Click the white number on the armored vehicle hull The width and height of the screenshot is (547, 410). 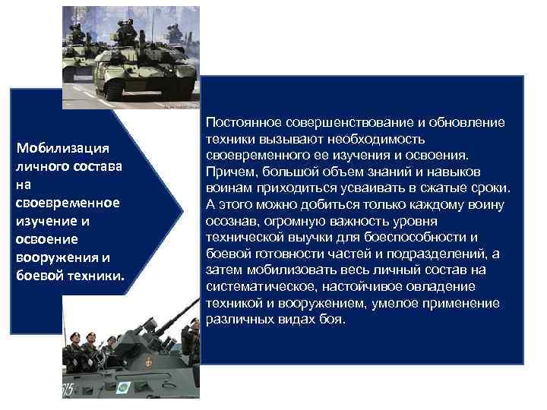coord(70,388)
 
